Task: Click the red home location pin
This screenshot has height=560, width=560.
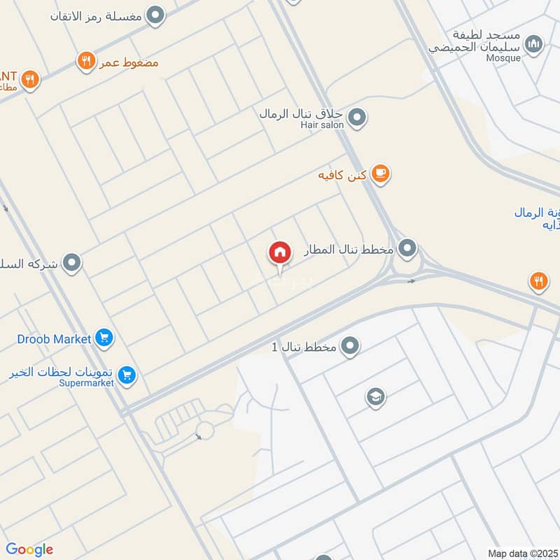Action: pyautogui.click(x=279, y=253)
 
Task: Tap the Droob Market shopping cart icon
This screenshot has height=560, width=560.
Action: pyautogui.click(x=104, y=339)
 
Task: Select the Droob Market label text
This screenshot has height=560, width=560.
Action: pyautogui.click(x=54, y=339)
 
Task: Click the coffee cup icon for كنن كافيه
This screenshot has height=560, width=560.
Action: pyautogui.click(x=380, y=174)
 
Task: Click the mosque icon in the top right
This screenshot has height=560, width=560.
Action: pyautogui.click(x=534, y=44)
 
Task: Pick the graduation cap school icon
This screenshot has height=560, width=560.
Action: pyautogui.click(x=376, y=398)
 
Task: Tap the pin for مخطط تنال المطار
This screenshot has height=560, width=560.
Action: pyautogui.click(x=407, y=248)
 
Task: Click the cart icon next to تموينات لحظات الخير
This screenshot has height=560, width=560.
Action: pyautogui.click(x=127, y=376)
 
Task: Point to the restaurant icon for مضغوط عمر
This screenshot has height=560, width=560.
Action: pyautogui.click(x=86, y=62)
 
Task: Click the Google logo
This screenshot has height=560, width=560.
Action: pyautogui.click(x=29, y=549)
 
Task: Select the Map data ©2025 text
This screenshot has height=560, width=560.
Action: pyautogui.click(x=521, y=553)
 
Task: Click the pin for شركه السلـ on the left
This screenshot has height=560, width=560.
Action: pyautogui.click(x=71, y=263)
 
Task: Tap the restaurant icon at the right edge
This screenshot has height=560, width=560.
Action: pyautogui.click(x=538, y=281)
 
